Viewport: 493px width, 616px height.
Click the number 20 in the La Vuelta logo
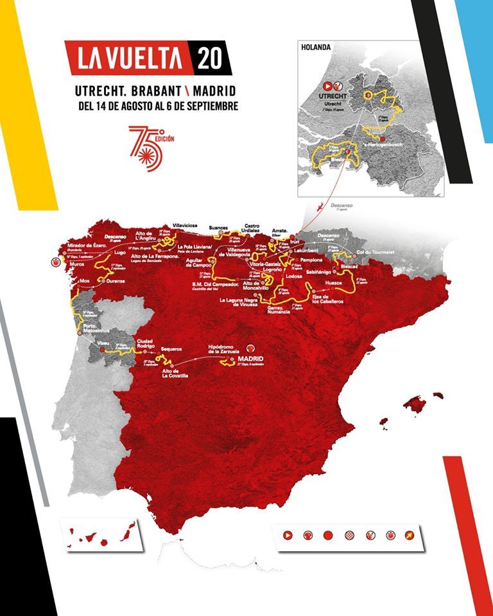210,58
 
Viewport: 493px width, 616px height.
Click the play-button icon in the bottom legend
288,535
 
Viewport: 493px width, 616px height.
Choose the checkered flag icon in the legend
349,535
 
